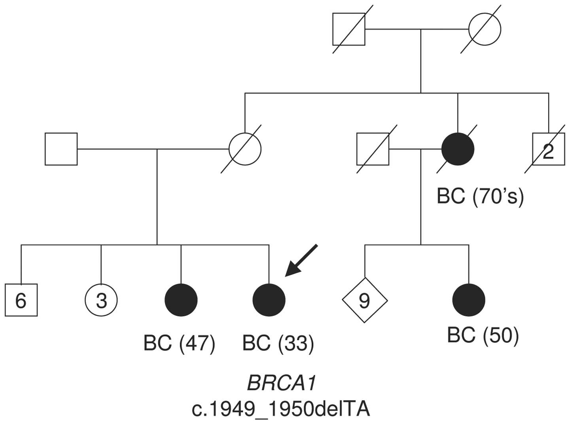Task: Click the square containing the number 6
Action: [21, 300]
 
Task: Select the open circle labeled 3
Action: [101, 300]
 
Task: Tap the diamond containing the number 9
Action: [364, 300]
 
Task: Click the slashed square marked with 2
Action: [549, 149]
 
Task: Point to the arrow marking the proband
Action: [301, 260]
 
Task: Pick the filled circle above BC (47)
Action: [181, 300]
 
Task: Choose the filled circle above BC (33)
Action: [269, 300]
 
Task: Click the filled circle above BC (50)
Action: [469, 300]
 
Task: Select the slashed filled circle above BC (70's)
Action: [458, 149]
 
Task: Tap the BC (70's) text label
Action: [480, 196]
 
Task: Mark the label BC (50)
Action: [483, 335]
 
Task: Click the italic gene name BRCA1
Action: [281, 383]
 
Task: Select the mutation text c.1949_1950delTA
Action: [281, 409]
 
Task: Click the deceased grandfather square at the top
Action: [348, 29]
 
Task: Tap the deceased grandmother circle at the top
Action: [485, 29]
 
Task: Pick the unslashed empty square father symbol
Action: [61, 149]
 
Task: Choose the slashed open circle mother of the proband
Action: [245, 149]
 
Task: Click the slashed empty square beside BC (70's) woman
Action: [373, 149]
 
